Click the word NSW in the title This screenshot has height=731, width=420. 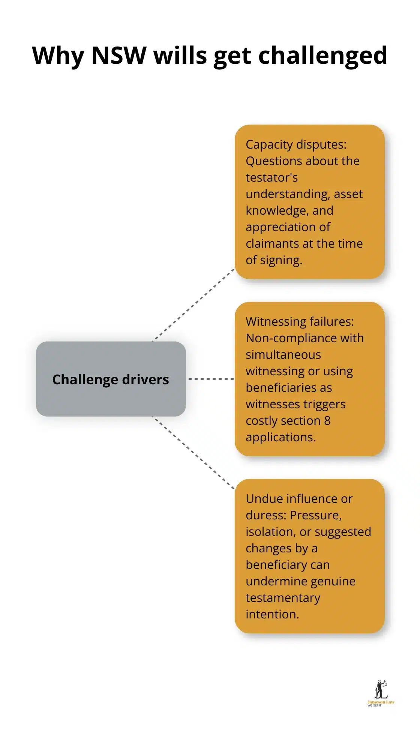coord(118,56)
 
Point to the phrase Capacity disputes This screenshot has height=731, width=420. coord(295,144)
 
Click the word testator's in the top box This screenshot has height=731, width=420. coord(271,177)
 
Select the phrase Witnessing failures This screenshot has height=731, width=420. coord(299,322)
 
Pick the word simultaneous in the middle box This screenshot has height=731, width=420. coord(283,355)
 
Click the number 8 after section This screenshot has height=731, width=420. coord(327,421)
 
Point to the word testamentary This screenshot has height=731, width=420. coord(283,598)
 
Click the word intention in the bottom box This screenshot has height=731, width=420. coord(271,614)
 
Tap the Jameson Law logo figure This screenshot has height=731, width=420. coord(381,690)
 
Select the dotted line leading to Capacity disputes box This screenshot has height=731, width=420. coord(193,305)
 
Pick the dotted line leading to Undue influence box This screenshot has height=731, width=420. coord(193,453)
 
